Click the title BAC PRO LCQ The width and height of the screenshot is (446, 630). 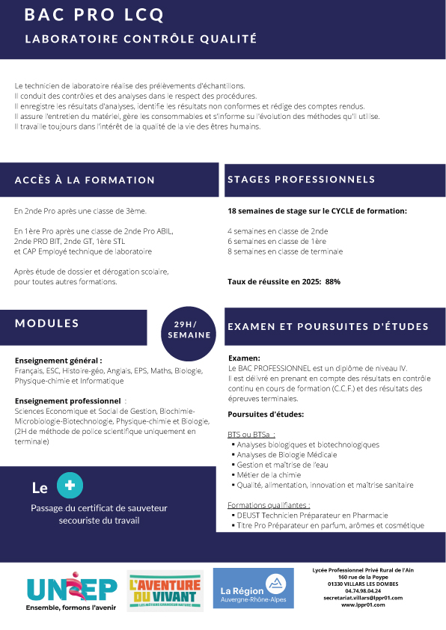click(x=94, y=15)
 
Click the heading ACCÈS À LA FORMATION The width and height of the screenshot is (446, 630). click(x=85, y=180)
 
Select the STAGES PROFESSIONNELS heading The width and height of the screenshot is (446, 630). click(x=301, y=180)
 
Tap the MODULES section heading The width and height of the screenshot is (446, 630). click(x=47, y=323)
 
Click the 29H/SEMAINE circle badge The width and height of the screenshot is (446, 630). click(x=189, y=329)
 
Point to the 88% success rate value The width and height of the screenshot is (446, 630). click(x=333, y=282)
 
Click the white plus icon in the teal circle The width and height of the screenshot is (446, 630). click(x=70, y=486)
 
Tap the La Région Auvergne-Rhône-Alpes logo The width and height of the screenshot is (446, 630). click(x=253, y=588)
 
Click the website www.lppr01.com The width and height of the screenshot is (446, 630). click(x=363, y=605)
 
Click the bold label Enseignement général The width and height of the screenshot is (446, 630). click(x=58, y=360)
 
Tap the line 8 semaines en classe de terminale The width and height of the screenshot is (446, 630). click(x=285, y=252)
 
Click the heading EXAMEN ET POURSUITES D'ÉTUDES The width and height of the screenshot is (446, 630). click(x=328, y=327)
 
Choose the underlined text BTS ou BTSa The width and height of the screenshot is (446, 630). click(x=251, y=434)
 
